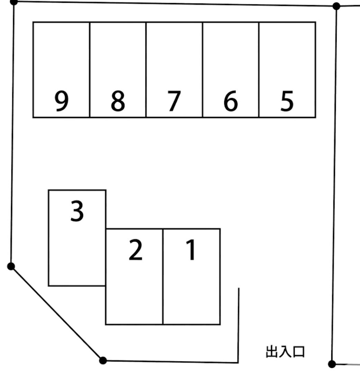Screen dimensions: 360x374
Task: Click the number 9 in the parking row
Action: [x=62, y=101]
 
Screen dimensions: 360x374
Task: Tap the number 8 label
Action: [x=118, y=101]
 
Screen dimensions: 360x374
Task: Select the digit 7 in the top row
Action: [x=174, y=101]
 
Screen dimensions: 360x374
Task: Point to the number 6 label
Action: [x=231, y=101]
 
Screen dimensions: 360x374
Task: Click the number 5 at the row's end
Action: [x=287, y=101]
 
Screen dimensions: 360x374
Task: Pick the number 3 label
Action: [x=77, y=211]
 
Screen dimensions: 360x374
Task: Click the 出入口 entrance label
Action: [x=285, y=352]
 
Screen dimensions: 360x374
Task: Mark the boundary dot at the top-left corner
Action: [x=14, y=2]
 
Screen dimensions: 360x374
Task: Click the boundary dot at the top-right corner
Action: [x=336, y=6]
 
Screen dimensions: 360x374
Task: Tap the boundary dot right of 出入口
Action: [x=332, y=364]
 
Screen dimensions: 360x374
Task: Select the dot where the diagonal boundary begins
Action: [x=11, y=266]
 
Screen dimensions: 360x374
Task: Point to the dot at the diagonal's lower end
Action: [x=103, y=361]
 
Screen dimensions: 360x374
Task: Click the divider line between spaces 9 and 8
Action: [x=90, y=70]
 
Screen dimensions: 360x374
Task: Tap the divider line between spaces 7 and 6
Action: [x=202, y=70]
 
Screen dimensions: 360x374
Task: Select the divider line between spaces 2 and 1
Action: [x=163, y=277]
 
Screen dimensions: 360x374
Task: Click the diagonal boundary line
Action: [x=57, y=313]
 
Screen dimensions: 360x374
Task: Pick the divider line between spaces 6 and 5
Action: [x=259, y=70]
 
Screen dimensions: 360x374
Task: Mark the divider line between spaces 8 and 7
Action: [x=146, y=70]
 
